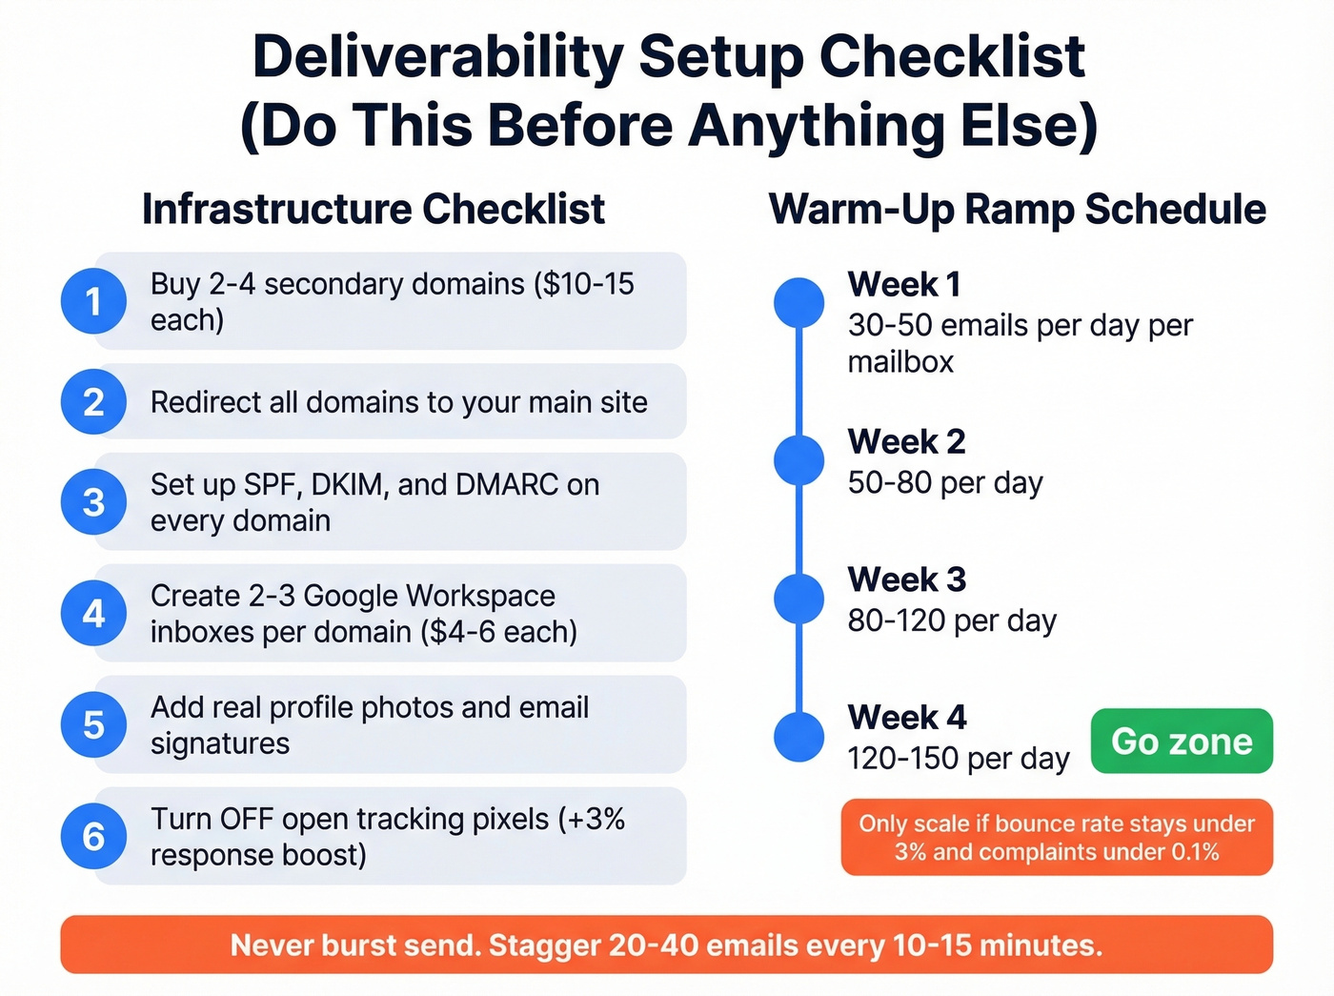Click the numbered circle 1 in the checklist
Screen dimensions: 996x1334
click(93, 301)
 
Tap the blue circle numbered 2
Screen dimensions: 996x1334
click(93, 401)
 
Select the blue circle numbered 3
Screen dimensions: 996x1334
click(93, 501)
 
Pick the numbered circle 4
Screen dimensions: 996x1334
click(93, 613)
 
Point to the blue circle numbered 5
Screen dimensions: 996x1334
click(93, 724)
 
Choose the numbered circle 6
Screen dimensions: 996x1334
click(93, 836)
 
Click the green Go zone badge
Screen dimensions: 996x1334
click(1182, 741)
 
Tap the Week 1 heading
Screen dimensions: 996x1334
click(904, 284)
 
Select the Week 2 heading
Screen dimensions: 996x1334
click(906, 441)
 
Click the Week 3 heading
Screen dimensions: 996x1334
click(906, 579)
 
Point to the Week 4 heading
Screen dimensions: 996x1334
click(906, 717)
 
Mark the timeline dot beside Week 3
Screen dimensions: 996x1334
click(798, 599)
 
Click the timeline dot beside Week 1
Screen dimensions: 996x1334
click(798, 303)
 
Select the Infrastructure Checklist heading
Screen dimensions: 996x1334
click(374, 209)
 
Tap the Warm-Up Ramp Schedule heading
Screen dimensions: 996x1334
click(1018, 209)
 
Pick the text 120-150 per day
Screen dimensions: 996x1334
click(959, 759)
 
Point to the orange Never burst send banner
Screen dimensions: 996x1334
click(666, 945)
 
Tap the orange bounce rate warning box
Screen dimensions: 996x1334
click(1057, 837)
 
